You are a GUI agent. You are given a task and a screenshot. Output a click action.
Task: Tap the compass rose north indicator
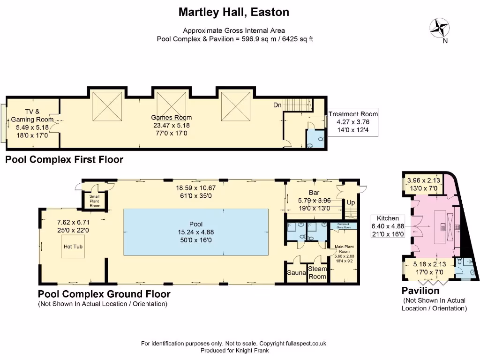point(439,28)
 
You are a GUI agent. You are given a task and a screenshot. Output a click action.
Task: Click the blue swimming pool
point(196,232)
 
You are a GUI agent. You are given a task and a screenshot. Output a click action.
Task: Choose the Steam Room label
point(317,273)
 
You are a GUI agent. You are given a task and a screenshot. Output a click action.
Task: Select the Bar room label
point(314,193)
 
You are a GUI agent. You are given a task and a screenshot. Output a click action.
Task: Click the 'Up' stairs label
point(351,202)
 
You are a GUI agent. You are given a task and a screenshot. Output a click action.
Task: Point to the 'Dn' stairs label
point(277,105)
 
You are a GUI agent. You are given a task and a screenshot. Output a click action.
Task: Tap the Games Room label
point(171,118)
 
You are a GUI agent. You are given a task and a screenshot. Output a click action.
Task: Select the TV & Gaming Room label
point(32,116)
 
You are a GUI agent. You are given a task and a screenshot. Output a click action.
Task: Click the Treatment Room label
point(353,114)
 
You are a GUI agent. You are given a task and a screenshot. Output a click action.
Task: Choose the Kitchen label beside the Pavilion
point(388,218)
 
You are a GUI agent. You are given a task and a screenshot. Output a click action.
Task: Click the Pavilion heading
point(420,291)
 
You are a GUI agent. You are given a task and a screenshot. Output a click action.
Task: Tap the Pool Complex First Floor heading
point(64,160)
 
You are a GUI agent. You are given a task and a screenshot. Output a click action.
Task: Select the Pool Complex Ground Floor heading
point(104,294)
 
